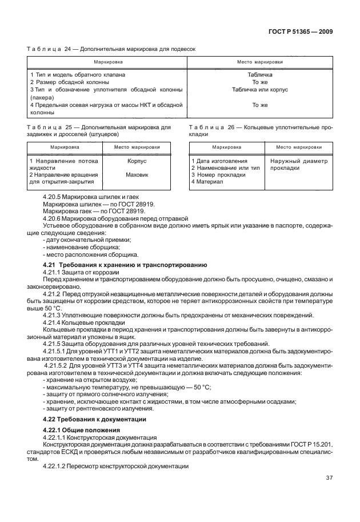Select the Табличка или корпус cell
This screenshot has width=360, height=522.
point(259,90)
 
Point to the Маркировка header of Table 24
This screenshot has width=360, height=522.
point(107,62)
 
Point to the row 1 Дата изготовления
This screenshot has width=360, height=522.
point(219,161)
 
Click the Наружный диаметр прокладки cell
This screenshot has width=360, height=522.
point(299,165)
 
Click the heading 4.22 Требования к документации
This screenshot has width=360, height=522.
point(96,419)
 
